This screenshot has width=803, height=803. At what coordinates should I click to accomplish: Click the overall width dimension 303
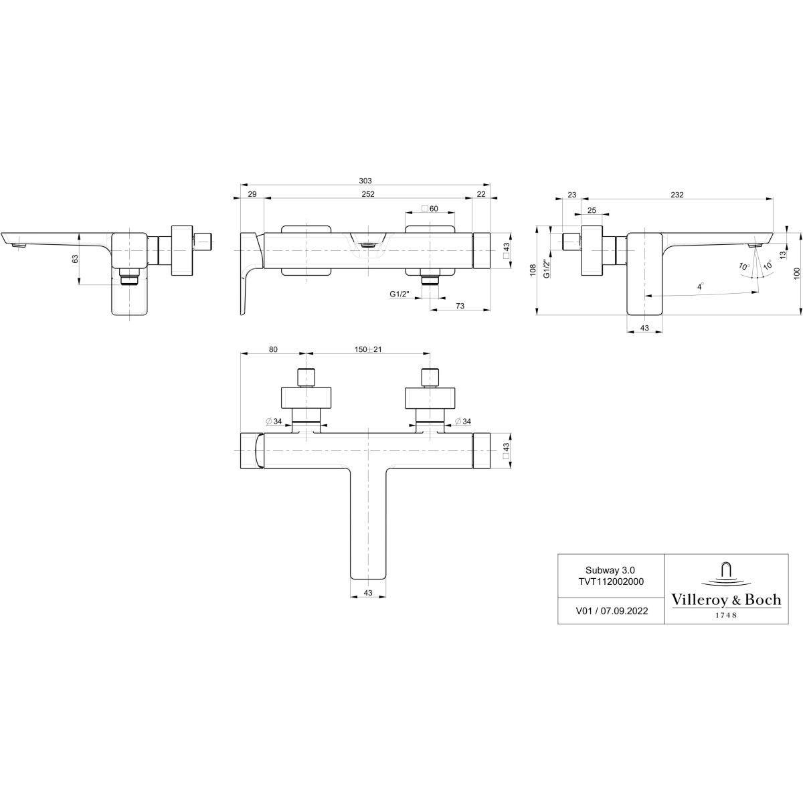pos(365,181)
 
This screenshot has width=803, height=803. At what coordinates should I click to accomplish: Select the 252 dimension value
pos(367,194)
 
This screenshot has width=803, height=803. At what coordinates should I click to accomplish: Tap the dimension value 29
pos(252,194)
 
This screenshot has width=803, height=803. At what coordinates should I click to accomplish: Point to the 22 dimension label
pos(481,194)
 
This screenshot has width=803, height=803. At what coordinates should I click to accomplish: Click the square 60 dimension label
pos(430,209)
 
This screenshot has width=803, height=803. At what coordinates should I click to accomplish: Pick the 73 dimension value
pos(460,305)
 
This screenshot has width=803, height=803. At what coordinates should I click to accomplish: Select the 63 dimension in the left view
pos(75,258)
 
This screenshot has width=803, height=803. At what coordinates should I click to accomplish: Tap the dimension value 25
pos(591,210)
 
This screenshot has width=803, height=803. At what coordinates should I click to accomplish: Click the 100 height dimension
pos(796,274)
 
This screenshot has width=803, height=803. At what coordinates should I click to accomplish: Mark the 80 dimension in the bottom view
pos(272,349)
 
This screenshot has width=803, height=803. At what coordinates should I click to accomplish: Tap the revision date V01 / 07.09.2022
pos(611,611)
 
